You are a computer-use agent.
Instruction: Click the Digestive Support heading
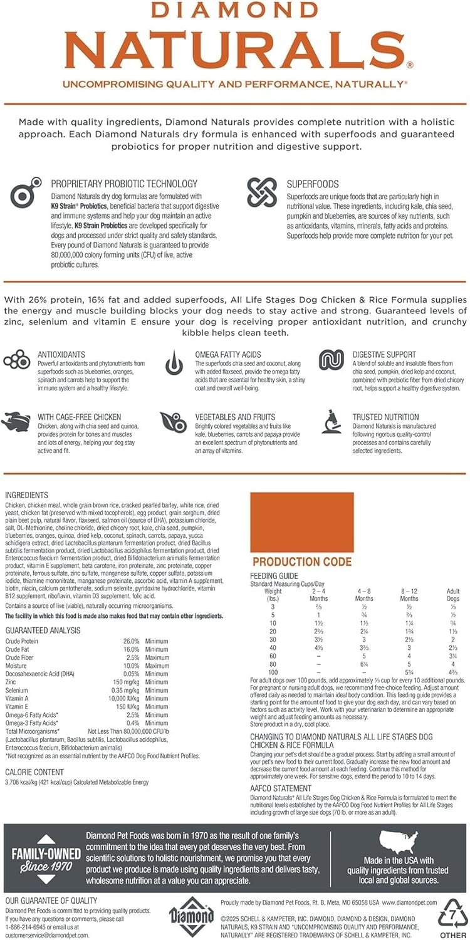pos(384,354)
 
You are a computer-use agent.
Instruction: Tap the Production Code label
pos(301,561)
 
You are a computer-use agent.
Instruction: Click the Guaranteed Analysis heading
pos(43,630)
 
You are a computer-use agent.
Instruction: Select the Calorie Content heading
pos(34,772)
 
